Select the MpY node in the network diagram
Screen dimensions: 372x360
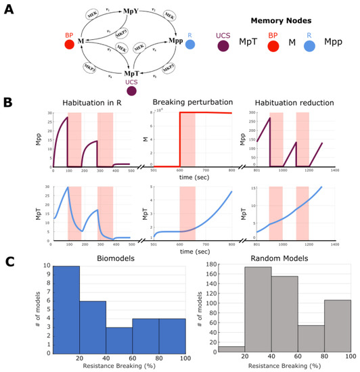[x=112, y=12]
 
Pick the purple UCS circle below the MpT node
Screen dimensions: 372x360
[x=112, y=91]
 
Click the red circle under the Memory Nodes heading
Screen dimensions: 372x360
[x=273, y=45]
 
